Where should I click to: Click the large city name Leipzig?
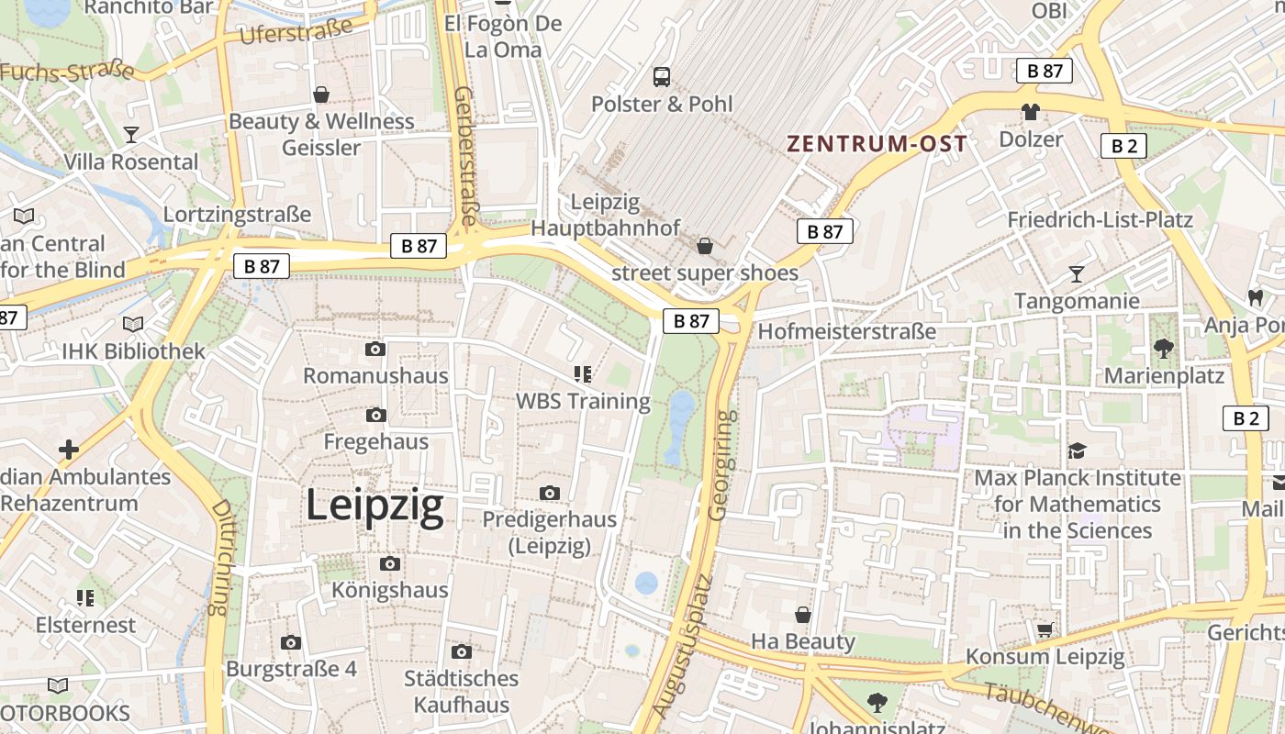coord(374,506)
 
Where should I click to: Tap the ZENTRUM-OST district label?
coord(877,144)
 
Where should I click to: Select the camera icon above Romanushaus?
coord(375,350)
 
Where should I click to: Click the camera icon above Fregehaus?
coord(375,416)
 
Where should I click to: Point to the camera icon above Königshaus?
coord(390,563)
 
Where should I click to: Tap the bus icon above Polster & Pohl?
coord(662,77)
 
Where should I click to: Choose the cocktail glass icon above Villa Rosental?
coord(131,136)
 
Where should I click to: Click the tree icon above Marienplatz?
coord(1164,349)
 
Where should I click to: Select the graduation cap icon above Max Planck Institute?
coord(1077,451)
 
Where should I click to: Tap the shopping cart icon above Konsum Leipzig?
coord(1045,629)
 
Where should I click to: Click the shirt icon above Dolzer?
coord(1030,113)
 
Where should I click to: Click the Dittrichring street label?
coord(219,557)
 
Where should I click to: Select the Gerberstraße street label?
coord(465,156)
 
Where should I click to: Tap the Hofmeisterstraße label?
coord(847,331)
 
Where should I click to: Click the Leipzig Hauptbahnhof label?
coord(606,215)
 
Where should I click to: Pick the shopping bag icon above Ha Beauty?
coord(803,615)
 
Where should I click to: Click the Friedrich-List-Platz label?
coord(1100,220)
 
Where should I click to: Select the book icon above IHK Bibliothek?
coord(133,325)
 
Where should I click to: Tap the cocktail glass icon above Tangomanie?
coord(1077,274)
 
